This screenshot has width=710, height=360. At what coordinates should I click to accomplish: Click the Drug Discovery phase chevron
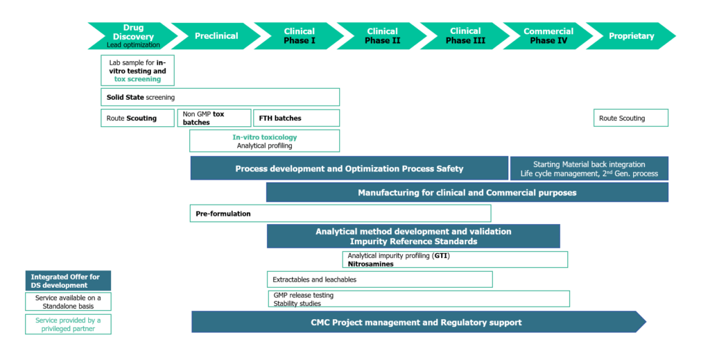tap(132, 36)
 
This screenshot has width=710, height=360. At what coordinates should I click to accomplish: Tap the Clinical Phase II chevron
tap(382, 36)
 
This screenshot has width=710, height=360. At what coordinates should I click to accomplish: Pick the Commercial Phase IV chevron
tap(548, 36)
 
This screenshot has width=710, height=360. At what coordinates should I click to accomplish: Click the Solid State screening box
tap(220, 97)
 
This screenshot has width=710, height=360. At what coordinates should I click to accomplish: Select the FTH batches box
tap(295, 118)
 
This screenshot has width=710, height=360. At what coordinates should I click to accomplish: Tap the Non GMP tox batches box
tap(213, 118)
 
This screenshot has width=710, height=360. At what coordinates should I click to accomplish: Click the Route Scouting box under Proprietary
tap(630, 118)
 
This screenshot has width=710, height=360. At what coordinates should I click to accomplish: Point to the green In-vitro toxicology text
tap(264, 137)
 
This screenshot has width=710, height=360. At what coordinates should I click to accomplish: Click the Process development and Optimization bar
tap(349, 169)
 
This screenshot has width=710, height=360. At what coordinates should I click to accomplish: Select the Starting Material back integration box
tap(589, 169)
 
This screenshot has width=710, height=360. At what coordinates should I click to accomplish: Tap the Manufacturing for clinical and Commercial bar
tap(467, 192)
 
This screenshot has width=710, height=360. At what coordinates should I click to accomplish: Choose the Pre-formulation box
tap(340, 214)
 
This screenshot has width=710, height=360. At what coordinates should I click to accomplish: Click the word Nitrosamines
tap(370, 264)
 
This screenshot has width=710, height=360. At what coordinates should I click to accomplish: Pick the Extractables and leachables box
tap(379, 280)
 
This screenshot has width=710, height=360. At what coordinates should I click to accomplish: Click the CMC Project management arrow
tap(416, 322)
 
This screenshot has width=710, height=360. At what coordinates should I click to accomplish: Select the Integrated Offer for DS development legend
tap(68, 281)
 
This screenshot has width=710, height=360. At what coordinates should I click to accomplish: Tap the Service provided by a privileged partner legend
tap(68, 324)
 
